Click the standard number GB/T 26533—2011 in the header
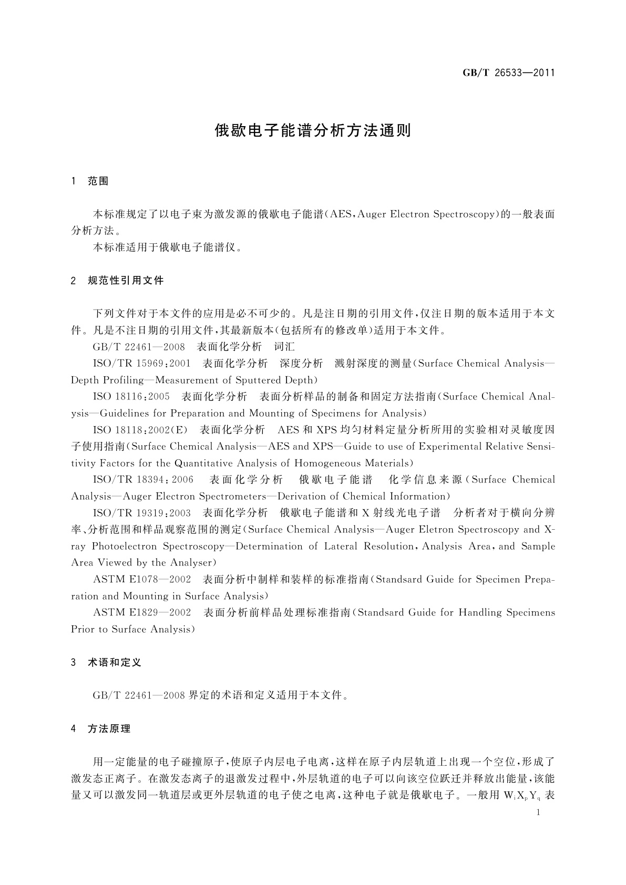point(508,73)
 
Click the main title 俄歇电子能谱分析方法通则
point(313,131)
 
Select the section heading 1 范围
point(90,181)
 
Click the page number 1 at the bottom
point(538,812)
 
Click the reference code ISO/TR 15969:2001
point(141,363)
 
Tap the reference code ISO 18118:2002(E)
point(140,430)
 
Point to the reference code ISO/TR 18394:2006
point(143,479)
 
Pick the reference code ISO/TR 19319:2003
point(141,512)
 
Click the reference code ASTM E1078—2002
point(141,579)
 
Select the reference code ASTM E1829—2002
point(141,612)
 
